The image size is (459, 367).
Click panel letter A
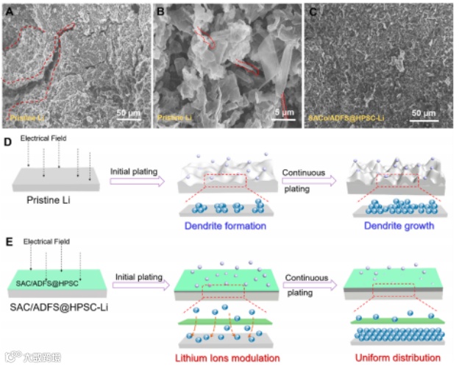point(8,10)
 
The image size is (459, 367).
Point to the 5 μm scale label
point(282,113)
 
